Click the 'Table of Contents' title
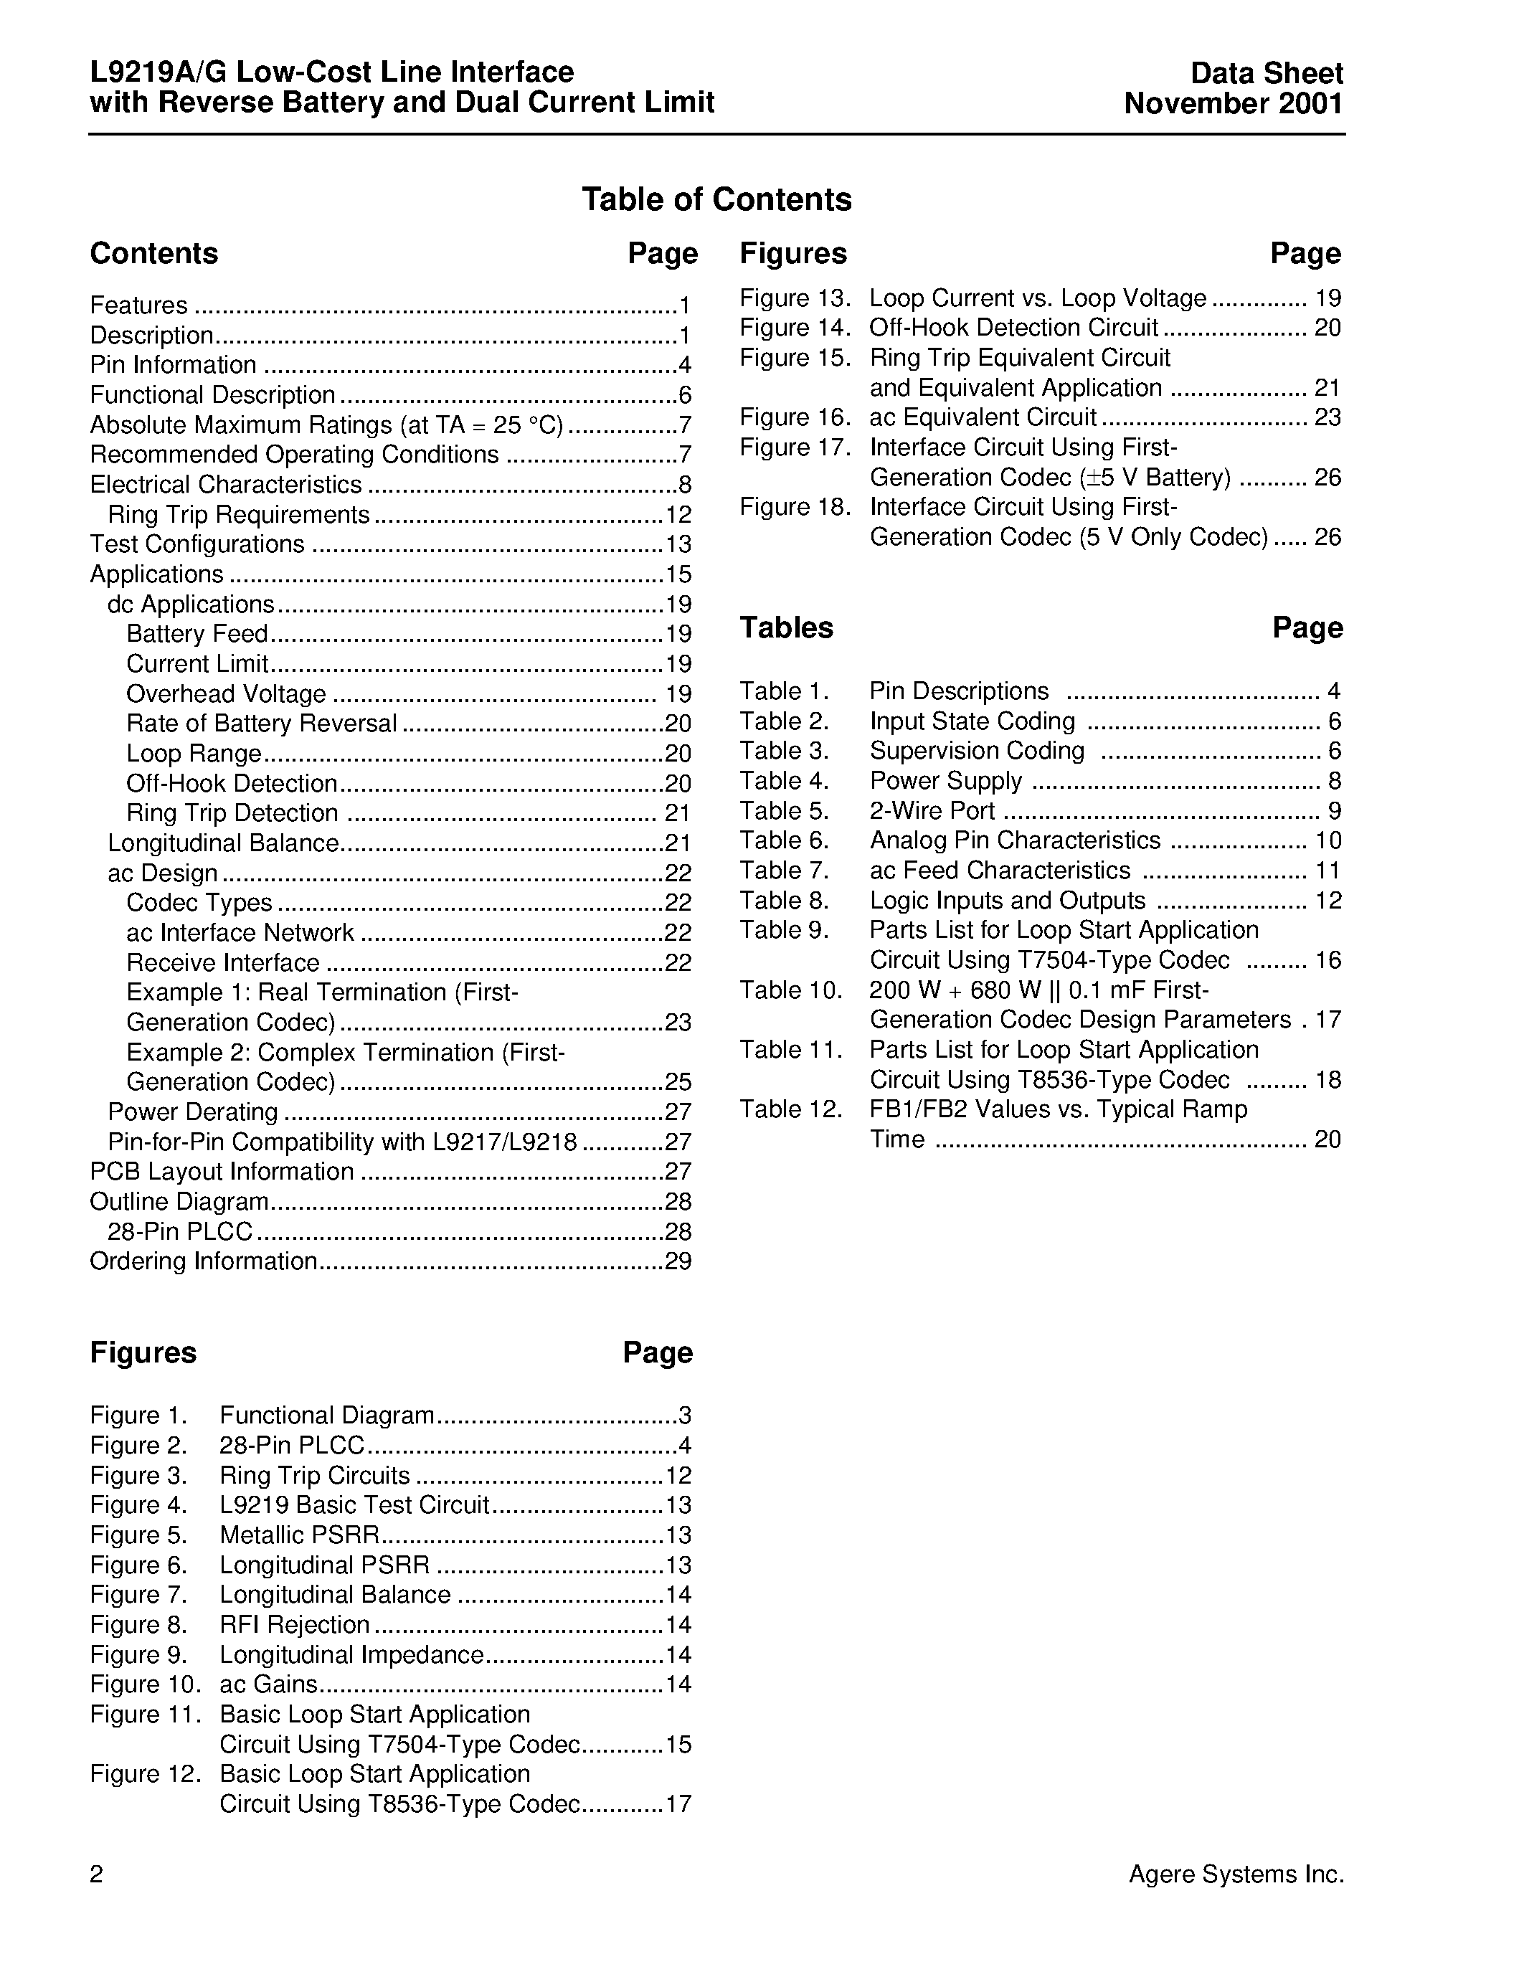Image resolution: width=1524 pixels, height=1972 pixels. coord(716,199)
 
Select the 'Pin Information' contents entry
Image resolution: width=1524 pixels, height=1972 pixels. coord(174,365)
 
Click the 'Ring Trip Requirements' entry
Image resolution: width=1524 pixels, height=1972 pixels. coord(238,515)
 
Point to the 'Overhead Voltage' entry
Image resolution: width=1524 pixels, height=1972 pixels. coord(226,693)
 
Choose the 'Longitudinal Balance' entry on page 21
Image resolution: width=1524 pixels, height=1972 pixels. coord(223,843)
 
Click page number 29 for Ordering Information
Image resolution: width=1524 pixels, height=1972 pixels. coord(678,1261)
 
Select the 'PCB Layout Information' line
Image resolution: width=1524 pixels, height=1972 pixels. coord(222,1172)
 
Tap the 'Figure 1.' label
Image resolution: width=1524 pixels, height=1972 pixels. coord(138,1416)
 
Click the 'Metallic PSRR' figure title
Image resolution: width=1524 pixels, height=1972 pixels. coord(299,1535)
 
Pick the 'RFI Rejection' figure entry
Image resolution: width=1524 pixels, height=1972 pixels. coord(294,1624)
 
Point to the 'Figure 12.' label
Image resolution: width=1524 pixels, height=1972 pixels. coord(144,1774)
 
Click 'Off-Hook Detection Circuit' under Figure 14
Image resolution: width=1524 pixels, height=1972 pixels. coord(1013,328)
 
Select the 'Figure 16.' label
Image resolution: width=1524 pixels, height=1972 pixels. coord(795,417)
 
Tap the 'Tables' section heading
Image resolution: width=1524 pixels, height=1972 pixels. coord(785,627)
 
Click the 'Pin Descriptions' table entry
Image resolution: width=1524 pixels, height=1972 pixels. coord(959,692)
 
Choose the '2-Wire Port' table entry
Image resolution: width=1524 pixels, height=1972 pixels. coord(932,811)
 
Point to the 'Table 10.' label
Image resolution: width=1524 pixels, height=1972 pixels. coord(790,990)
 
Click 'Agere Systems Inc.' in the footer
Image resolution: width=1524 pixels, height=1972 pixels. coord(1236,1875)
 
